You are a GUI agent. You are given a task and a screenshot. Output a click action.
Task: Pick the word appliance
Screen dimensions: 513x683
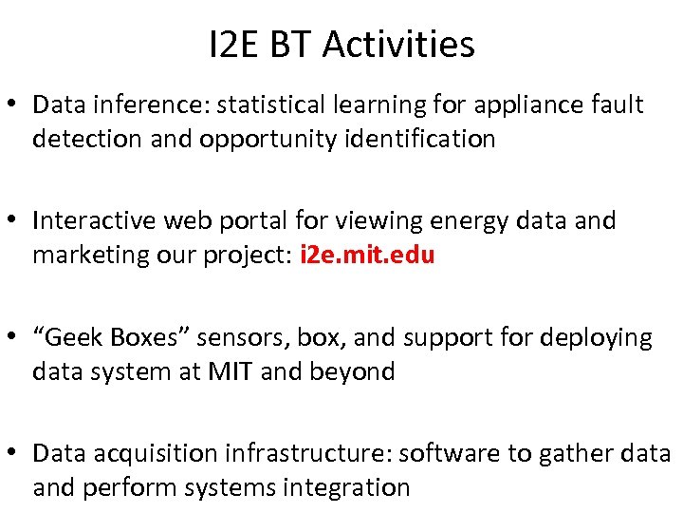point(531,104)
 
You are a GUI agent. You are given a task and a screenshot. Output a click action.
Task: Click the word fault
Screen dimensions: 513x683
point(618,104)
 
